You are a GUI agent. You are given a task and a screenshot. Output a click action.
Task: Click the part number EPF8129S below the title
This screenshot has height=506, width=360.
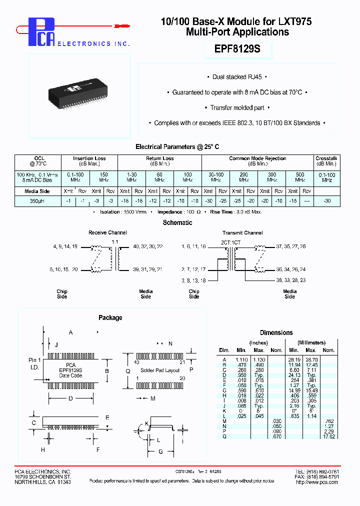(x=237, y=49)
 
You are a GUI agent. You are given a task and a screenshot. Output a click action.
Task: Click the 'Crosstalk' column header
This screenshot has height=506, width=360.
(x=327, y=158)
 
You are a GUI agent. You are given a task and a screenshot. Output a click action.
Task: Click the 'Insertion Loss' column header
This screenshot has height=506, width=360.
(x=89, y=158)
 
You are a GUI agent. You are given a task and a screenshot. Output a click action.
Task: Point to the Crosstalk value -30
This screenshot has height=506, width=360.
(x=327, y=201)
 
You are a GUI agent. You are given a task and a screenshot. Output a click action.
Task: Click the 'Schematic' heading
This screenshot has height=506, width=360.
(x=177, y=222)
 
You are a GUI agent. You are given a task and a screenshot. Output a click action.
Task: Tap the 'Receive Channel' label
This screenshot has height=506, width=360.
(x=107, y=232)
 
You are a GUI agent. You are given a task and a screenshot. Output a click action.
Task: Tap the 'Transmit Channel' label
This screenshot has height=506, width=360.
(x=242, y=232)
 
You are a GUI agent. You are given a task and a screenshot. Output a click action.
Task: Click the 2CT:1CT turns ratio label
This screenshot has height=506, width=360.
(x=231, y=241)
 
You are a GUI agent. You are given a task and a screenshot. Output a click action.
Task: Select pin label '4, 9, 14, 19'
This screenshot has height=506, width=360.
(x=65, y=247)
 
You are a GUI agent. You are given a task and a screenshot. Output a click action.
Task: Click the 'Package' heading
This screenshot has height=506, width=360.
(x=110, y=317)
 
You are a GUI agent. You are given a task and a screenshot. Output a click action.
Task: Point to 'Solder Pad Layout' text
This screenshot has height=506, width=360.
(x=160, y=370)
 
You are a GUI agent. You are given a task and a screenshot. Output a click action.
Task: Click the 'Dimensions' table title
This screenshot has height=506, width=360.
(x=276, y=332)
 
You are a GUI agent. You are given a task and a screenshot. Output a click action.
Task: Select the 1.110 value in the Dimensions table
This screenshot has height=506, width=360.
(x=242, y=359)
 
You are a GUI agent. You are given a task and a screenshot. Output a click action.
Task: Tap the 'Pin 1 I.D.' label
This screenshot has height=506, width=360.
(x=35, y=363)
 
